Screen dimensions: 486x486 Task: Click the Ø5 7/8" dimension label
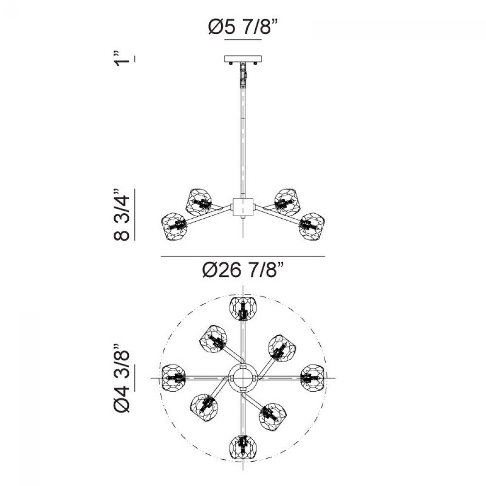pos(243,28)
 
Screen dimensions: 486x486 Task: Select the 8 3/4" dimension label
pos(121,214)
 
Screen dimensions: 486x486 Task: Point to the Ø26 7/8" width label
pos(243,269)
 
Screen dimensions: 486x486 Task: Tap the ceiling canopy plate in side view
pos(243,59)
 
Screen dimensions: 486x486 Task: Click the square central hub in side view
pos(243,208)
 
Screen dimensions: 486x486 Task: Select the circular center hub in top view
pos(243,378)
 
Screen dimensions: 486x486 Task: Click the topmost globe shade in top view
pos(243,308)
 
